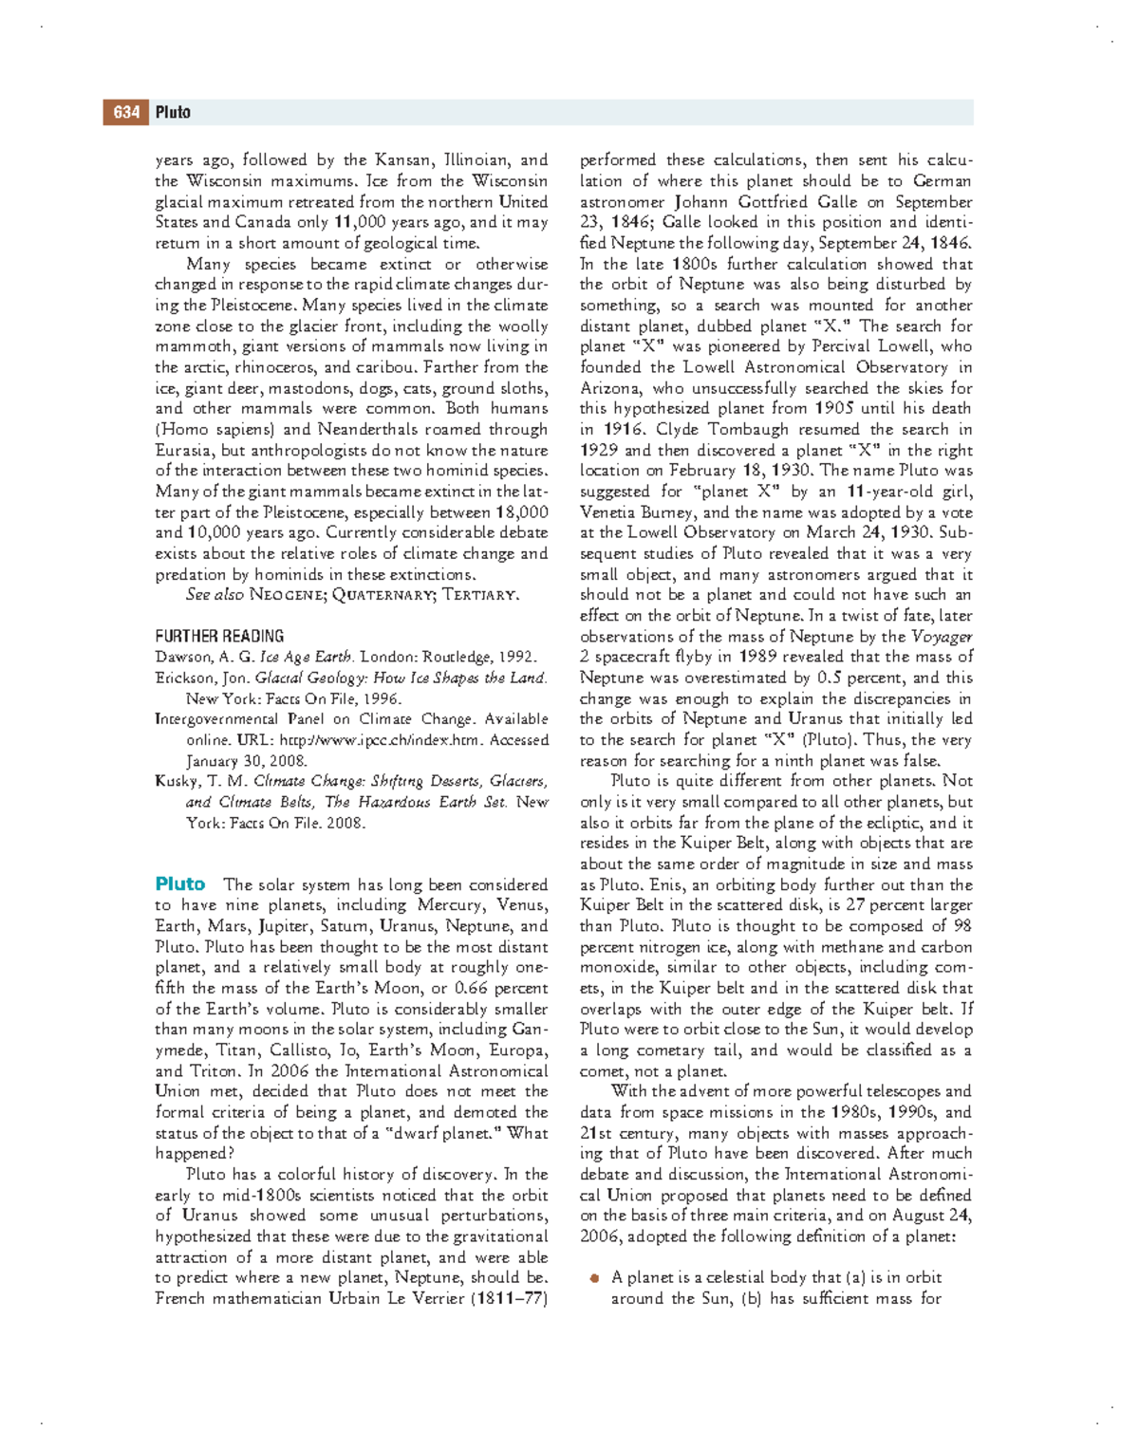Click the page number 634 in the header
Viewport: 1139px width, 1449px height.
tap(126, 113)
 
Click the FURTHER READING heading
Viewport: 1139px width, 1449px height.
tap(219, 637)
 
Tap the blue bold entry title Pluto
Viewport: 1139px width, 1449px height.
tap(180, 884)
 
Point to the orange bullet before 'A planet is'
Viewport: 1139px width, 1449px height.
tap(594, 1278)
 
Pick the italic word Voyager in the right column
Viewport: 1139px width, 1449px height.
tap(942, 637)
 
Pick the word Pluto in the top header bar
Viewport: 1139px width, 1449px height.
tap(173, 113)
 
